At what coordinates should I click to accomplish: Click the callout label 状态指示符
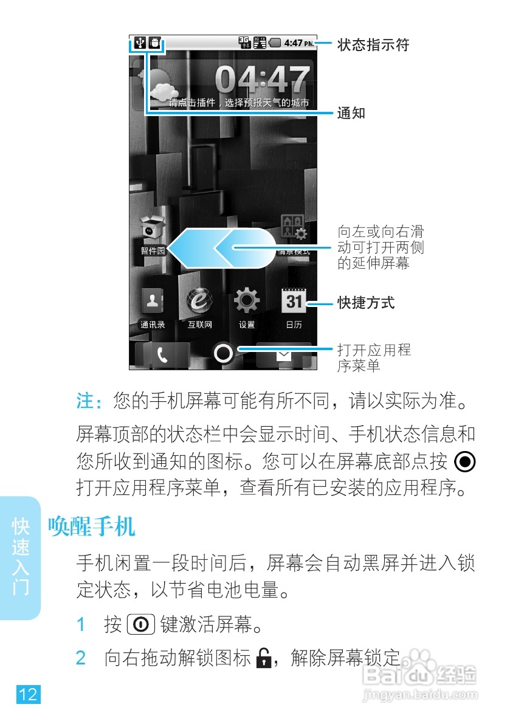point(373,45)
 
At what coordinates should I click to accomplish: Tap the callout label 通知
point(351,113)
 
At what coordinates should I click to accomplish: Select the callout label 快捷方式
point(366,302)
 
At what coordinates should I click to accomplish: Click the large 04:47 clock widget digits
point(262,80)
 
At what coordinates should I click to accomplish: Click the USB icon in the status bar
point(140,43)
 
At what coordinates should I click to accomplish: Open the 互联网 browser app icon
point(199,300)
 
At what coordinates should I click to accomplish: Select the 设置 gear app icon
point(247,300)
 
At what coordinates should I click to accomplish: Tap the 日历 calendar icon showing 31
point(294,300)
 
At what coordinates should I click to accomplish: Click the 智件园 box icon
point(153,227)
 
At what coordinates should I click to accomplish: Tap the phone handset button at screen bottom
point(162,356)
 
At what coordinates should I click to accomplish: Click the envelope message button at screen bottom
point(284,356)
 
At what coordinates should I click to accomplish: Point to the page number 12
point(27,694)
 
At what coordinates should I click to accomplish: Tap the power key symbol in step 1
point(140,624)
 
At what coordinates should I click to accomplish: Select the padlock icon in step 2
point(263,658)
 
